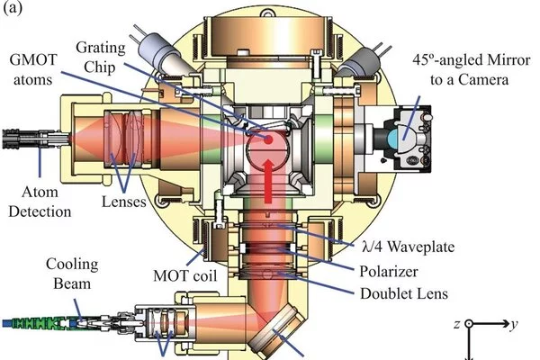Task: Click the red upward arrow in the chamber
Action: click(268, 181)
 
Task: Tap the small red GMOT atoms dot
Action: click(268, 139)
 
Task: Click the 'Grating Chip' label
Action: click(100, 57)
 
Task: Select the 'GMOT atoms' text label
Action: click(33, 69)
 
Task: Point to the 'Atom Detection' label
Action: click(40, 202)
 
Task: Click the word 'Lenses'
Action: click(124, 202)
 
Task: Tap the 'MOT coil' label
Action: click(184, 276)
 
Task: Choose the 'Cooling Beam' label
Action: click(72, 274)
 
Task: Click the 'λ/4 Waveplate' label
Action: click(408, 247)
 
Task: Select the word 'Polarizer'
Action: click(389, 272)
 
